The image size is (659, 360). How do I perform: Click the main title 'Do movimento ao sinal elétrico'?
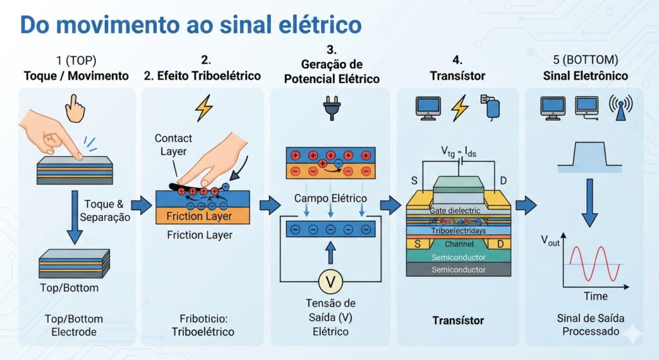[x=190, y=25]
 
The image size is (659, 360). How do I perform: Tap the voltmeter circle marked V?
[x=330, y=282]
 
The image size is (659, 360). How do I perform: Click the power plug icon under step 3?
[x=331, y=108]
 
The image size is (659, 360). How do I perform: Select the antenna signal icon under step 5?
[x=621, y=108]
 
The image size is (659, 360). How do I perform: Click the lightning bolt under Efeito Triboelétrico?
[x=204, y=108]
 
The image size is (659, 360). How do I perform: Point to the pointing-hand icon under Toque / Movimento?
[x=75, y=108]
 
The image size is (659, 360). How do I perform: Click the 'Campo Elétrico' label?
[x=330, y=198]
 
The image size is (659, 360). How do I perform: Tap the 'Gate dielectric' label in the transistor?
[x=455, y=211]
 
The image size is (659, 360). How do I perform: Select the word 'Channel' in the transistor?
[x=459, y=244]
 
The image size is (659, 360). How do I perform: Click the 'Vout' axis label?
[x=550, y=241]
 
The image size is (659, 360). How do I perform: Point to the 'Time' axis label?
[x=595, y=296]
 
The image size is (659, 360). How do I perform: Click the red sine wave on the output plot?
[x=595, y=263]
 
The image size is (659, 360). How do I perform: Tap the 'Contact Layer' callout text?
[x=173, y=145]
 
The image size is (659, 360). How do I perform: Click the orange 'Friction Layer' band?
[x=203, y=216]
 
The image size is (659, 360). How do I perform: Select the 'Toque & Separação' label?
[x=105, y=211]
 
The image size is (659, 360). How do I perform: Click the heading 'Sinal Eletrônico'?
[x=586, y=76]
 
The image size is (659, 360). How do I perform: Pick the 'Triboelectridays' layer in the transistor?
[x=458, y=231]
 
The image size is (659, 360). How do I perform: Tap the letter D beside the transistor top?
[x=503, y=181]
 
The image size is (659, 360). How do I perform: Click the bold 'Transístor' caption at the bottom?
[x=458, y=321]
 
